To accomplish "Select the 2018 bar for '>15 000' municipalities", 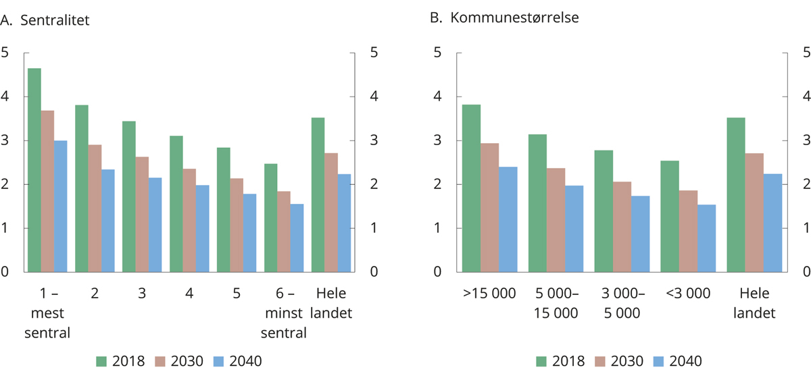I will tap(471, 188).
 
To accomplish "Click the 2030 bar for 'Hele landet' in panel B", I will tap(751, 213).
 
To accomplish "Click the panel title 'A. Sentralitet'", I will tap(45, 20).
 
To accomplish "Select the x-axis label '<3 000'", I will tap(688, 294).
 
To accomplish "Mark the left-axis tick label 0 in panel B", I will tap(437, 272).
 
